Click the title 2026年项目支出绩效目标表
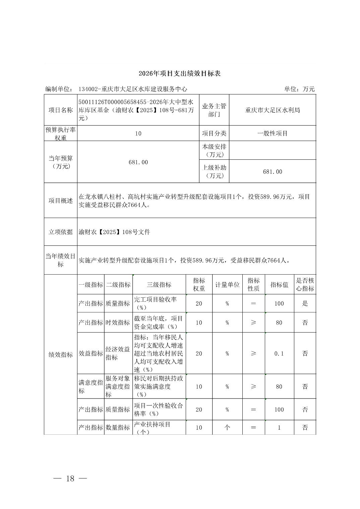click(x=180, y=74)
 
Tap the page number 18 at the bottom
click(x=70, y=479)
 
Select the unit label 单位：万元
click(x=299, y=89)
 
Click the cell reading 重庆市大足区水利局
click(x=273, y=110)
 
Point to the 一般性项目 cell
click(x=273, y=133)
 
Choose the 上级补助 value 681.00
click(x=273, y=171)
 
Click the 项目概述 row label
click(x=61, y=201)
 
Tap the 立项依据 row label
click(x=61, y=232)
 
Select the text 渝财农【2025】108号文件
click(x=114, y=232)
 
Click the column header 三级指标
click(x=159, y=285)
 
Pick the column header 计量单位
click(x=227, y=285)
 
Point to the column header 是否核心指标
click(x=305, y=285)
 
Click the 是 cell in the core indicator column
click(x=305, y=303)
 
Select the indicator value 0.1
click(x=279, y=353)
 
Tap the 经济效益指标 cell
click(x=118, y=353)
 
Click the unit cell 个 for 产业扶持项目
click(x=227, y=427)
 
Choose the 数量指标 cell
click(x=118, y=427)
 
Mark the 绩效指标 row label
click(x=61, y=355)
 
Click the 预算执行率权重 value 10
click(x=138, y=133)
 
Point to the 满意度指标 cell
click(x=91, y=386)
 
